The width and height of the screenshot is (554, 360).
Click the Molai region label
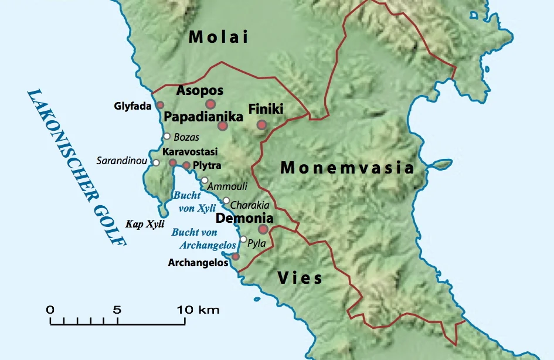pyautogui.click(x=218, y=38)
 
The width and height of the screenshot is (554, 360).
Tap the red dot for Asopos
pyautogui.click(x=211, y=104)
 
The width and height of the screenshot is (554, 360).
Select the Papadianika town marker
pyautogui.click(x=223, y=126)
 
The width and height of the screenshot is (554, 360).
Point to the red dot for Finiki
pyautogui.click(x=261, y=124)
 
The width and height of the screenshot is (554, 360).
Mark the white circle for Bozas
pyautogui.click(x=166, y=137)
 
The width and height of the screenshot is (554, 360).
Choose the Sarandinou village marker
pyautogui.click(x=157, y=162)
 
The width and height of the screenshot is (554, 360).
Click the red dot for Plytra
pyautogui.click(x=186, y=166)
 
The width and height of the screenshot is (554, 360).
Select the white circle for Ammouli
pyautogui.click(x=205, y=180)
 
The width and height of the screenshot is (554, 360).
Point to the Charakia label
pyautogui.click(x=250, y=205)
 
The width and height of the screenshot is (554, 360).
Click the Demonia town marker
pyautogui.click(x=263, y=229)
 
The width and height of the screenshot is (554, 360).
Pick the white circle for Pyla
pyautogui.click(x=243, y=239)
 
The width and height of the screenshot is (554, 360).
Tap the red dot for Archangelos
pyautogui.click(x=236, y=256)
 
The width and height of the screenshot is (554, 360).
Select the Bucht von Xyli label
pyautogui.click(x=193, y=202)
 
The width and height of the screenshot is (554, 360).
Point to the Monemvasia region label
pyautogui.click(x=347, y=168)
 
